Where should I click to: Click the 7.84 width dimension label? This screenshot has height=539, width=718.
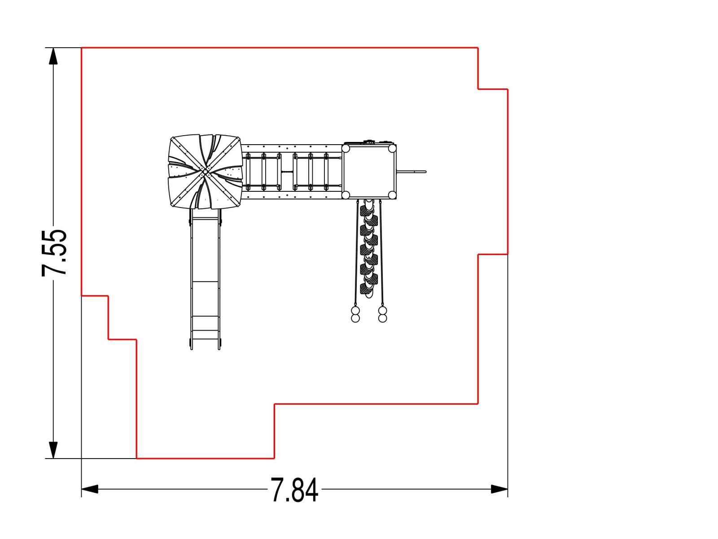click(x=294, y=490)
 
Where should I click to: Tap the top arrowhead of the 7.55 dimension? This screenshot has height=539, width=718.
click(x=53, y=56)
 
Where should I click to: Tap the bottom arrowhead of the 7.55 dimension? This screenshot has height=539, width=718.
click(x=53, y=451)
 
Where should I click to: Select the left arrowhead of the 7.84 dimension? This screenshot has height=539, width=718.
click(x=90, y=489)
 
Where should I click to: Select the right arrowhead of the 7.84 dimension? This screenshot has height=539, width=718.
click(x=499, y=489)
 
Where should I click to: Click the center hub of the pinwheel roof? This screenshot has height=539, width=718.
click(x=205, y=172)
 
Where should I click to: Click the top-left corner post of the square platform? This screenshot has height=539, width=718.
click(x=346, y=149)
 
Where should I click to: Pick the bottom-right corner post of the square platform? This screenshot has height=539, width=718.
click(x=392, y=195)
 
